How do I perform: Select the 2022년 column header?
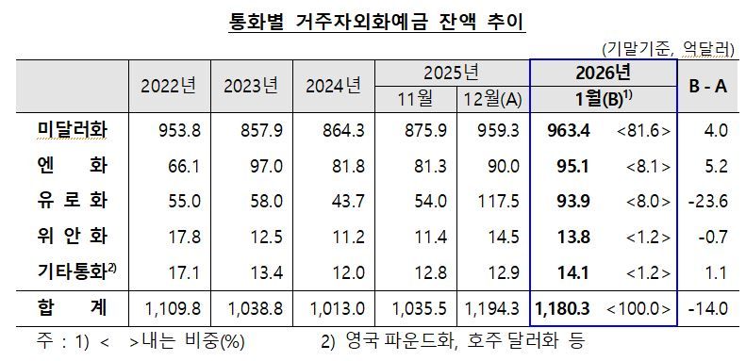click(x=169, y=86)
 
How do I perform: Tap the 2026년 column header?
click(x=604, y=73)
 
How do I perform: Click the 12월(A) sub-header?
click(x=491, y=99)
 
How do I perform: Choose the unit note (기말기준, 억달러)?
click(x=668, y=48)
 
